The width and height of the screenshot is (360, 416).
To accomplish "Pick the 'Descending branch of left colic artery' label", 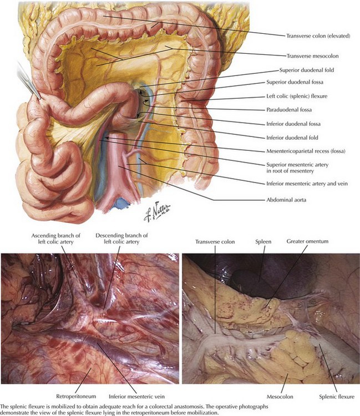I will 121,239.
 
